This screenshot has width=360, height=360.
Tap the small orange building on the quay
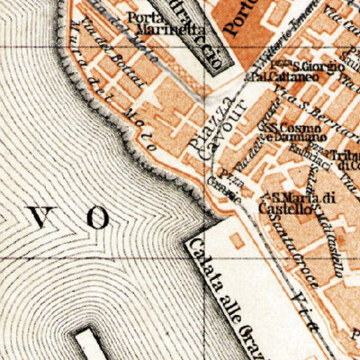point(238,240)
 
